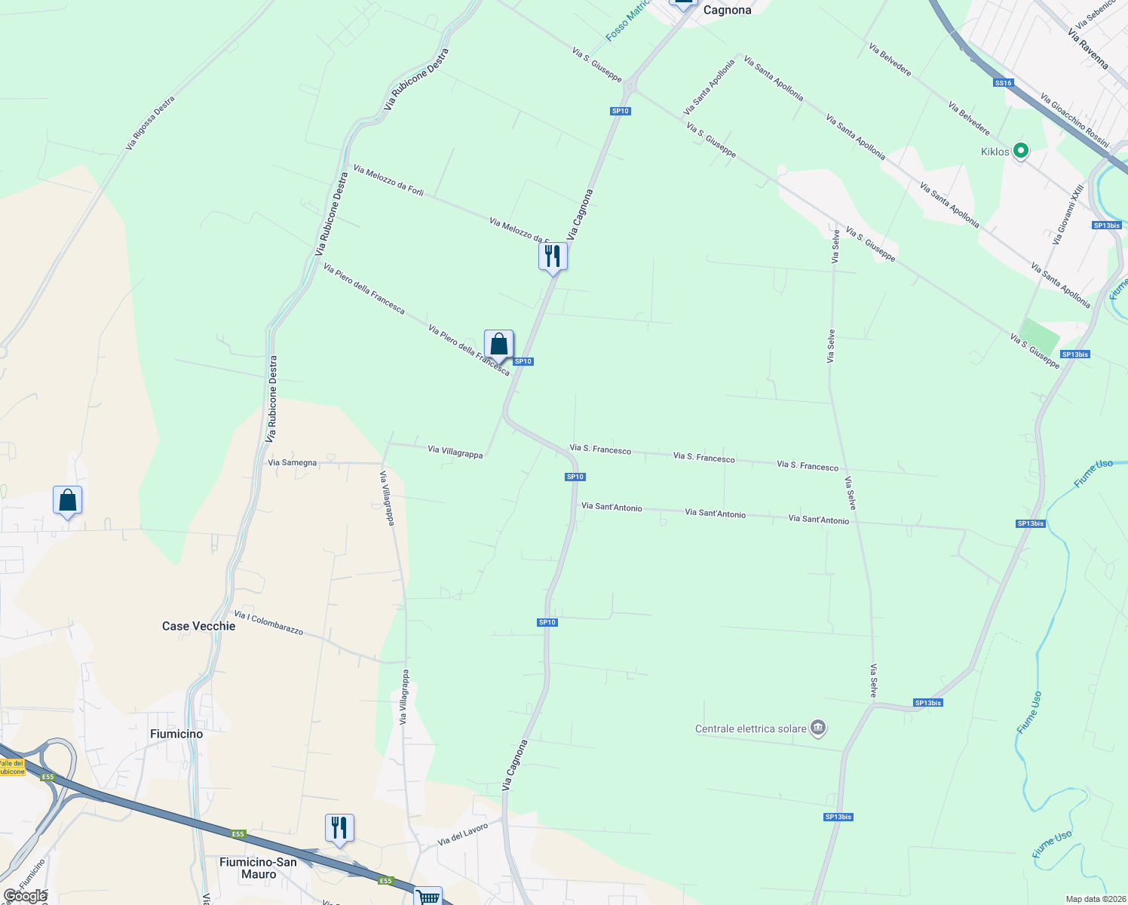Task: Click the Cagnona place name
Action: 727,11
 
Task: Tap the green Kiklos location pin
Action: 1020,151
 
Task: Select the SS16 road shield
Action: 1003,83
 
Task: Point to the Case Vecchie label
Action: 198,626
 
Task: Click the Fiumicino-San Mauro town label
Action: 258,868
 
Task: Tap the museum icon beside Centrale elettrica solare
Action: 818,728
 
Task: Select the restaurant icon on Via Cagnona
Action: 553,257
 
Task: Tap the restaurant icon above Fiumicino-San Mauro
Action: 339,828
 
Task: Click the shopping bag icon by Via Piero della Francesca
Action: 498,345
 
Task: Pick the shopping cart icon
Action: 428,897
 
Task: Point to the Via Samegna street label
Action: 293,462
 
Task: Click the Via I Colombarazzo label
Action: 268,623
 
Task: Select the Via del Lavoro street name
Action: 463,834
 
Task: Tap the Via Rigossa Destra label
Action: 150,123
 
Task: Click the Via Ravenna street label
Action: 1088,49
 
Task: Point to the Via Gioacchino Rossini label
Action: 1074,120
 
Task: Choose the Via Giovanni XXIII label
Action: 1068,214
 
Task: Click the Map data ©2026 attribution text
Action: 1096,899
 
